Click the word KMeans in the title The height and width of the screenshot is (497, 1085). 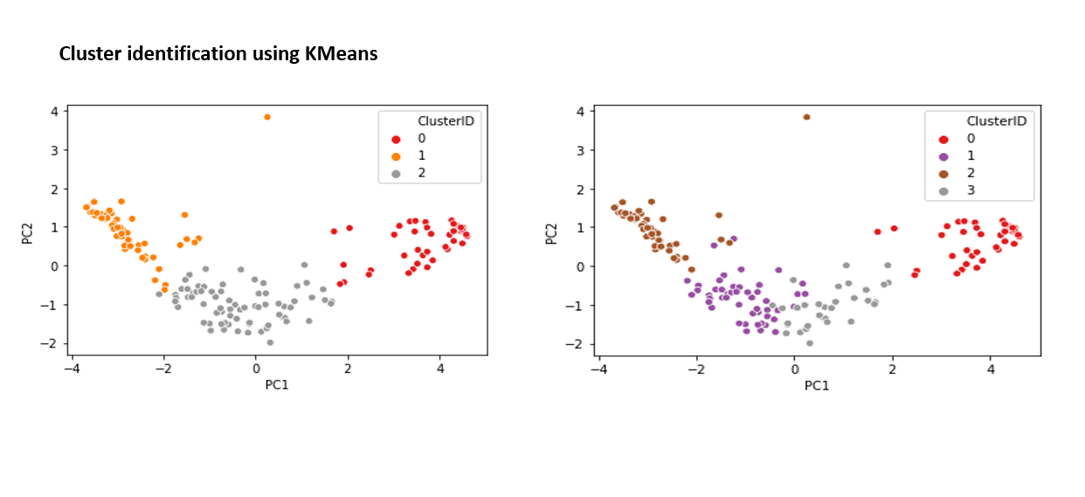(341, 54)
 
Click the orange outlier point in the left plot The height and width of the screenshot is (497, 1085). (267, 117)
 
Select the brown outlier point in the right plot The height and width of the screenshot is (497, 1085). (806, 117)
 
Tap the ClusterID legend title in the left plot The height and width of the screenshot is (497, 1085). (445, 121)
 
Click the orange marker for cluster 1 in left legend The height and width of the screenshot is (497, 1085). (396, 156)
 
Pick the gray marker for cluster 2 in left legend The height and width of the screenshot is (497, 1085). (396, 174)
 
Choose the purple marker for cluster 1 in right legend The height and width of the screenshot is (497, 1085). (943, 155)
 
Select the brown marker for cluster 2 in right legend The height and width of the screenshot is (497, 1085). (943, 173)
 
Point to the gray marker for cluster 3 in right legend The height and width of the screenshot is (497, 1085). (943, 190)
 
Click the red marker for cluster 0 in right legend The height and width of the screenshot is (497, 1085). (943, 138)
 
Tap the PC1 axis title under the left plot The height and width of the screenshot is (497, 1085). (275, 384)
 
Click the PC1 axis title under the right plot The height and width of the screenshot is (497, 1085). (816, 384)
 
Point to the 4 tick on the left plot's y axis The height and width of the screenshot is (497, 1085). (54, 112)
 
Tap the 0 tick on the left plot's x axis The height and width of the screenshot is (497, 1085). (256, 369)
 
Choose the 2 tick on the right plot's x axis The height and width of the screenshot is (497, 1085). (892, 369)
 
